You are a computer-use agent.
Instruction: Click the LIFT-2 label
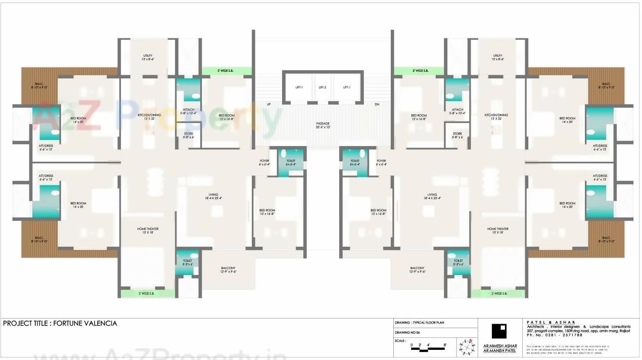pyautogui.click(x=323, y=87)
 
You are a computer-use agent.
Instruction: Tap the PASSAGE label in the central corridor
pyautogui.click(x=323, y=123)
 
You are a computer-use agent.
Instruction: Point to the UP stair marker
pyautogui.click(x=268, y=104)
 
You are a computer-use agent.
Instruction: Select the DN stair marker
pyautogui.click(x=377, y=104)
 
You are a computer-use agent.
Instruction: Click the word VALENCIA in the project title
pyautogui.click(x=100, y=323)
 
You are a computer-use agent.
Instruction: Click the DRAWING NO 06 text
pyautogui.click(x=407, y=332)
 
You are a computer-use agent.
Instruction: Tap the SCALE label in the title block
pyautogui.click(x=400, y=341)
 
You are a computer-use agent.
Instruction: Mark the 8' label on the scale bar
pyautogui.click(x=445, y=345)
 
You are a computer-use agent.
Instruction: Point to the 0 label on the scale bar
pyautogui.click(x=411, y=345)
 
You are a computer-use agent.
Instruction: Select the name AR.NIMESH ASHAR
pyautogui.click(x=500, y=345)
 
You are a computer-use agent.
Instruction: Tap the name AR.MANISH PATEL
pyautogui.click(x=500, y=350)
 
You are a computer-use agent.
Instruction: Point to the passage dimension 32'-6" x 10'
pyautogui.click(x=323, y=127)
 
